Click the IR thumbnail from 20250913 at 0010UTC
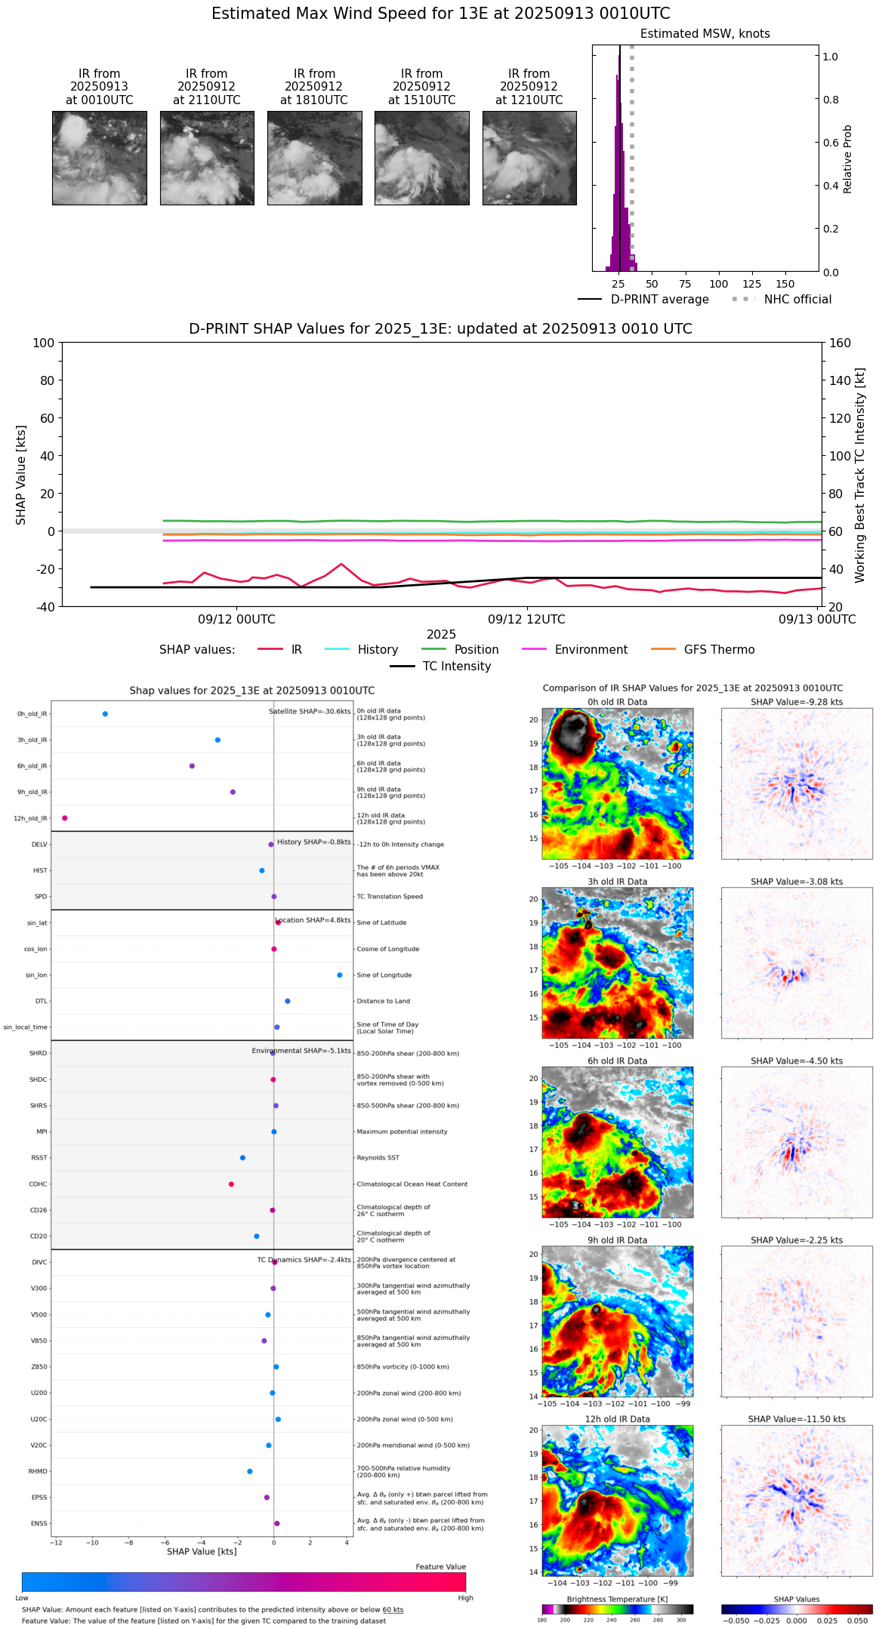point(99,158)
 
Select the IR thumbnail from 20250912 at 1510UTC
point(421,158)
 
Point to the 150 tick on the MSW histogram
point(785,284)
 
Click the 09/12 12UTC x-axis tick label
point(526,620)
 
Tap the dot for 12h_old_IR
point(65,818)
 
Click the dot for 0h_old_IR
point(105,714)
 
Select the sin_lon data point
point(340,975)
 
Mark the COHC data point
point(231,1184)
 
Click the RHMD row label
point(38,1471)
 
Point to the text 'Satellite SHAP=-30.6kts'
point(310,712)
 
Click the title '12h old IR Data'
point(617,1419)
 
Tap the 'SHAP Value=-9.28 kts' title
point(797,702)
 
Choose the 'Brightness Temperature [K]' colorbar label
point(617,1599)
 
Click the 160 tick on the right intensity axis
point(840,343)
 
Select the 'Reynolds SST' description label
point(378,1158)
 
